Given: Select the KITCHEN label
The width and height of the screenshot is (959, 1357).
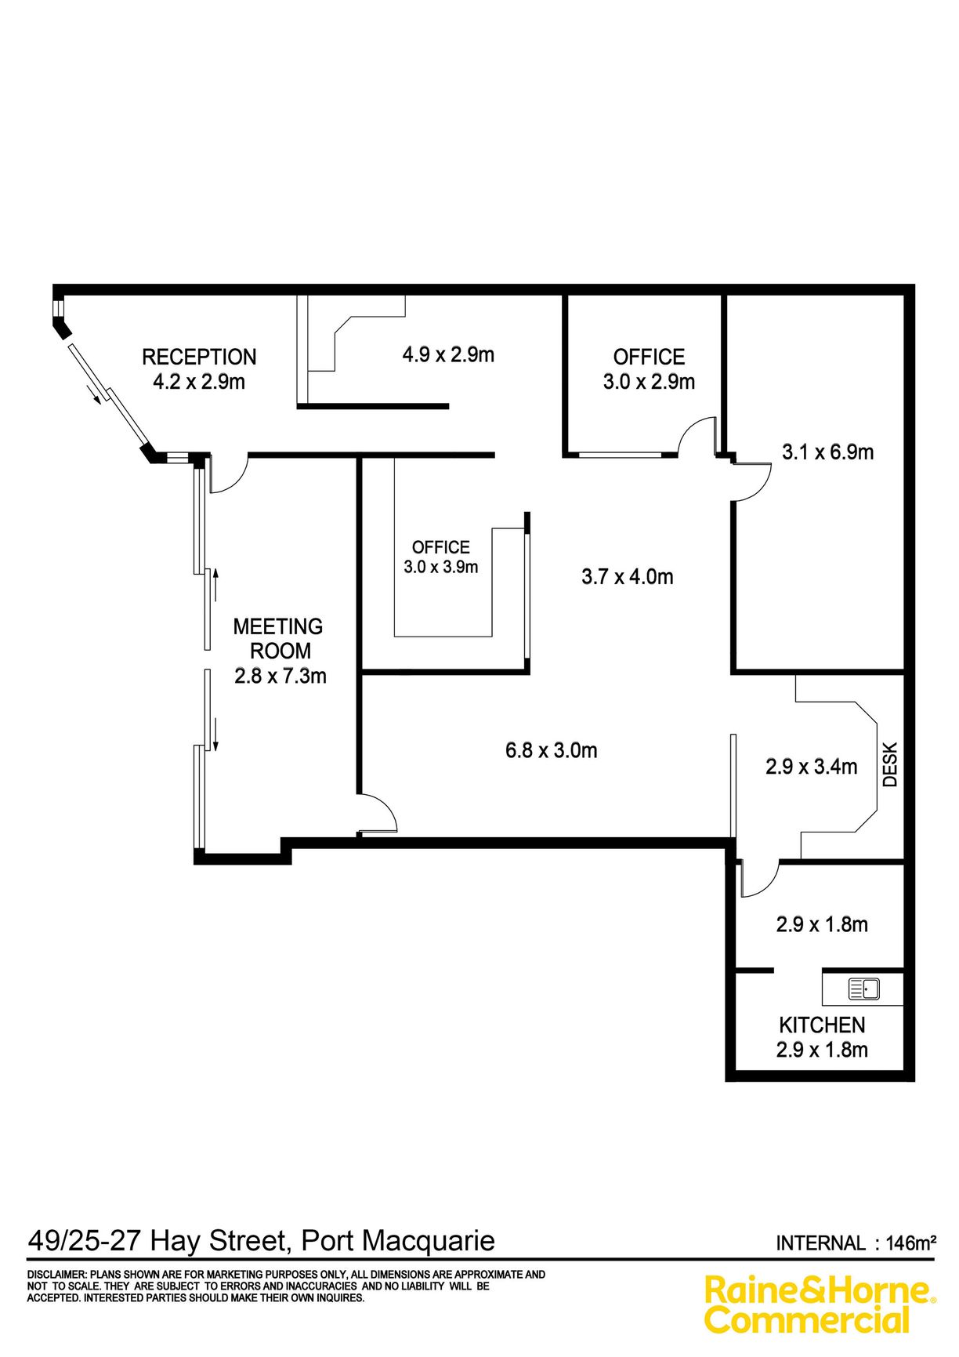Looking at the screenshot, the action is (x=822, y=1025).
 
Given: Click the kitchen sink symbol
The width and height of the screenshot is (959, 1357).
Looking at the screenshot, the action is (x=864, y=989).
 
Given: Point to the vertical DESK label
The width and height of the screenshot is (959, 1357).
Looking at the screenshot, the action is (x=890, y=764).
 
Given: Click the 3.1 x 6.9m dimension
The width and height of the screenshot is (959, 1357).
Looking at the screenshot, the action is (x=827, y=452).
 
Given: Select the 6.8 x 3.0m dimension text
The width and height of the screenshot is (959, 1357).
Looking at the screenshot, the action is (x=552, y=750).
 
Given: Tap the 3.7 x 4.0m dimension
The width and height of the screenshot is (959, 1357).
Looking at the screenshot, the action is (x=628, y=577).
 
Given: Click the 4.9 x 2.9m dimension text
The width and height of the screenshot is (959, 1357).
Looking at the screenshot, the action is (x=448, y=354).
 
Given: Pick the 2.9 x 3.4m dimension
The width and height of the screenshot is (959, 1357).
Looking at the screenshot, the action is (x=812, y=766).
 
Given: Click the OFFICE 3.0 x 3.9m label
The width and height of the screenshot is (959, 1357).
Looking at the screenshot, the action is (x=441, y=557).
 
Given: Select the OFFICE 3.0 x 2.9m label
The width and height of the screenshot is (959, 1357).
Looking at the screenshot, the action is (x=649, y=369).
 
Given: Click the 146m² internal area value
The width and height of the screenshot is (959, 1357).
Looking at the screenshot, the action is (x=911, y=1243).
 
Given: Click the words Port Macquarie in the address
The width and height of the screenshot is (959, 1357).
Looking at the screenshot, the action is (x=398, y=1241).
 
